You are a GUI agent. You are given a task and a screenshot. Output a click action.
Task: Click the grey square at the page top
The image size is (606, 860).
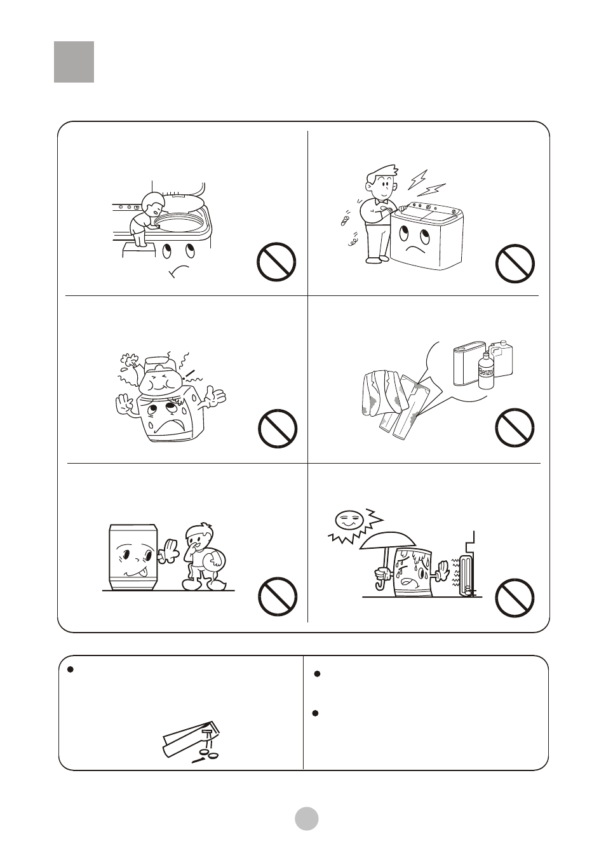(74, 62)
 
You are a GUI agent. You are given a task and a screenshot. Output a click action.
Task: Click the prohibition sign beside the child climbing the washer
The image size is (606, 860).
(276, 262)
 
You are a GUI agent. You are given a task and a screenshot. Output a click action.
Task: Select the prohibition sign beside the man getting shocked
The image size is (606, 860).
(515, 264)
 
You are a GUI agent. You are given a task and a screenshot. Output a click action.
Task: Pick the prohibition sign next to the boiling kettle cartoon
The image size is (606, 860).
(278, 429)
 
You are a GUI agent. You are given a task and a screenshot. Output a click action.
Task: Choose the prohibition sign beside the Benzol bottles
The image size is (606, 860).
(515, 427)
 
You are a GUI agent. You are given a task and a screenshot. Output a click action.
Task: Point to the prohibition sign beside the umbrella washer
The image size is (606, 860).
(515, 598)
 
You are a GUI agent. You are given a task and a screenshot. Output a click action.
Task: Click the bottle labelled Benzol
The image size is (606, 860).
(485, 371)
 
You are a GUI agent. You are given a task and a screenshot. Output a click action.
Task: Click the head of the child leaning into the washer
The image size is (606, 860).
(150, 204)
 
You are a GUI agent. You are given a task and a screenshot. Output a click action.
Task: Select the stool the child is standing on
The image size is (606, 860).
(138, 251)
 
